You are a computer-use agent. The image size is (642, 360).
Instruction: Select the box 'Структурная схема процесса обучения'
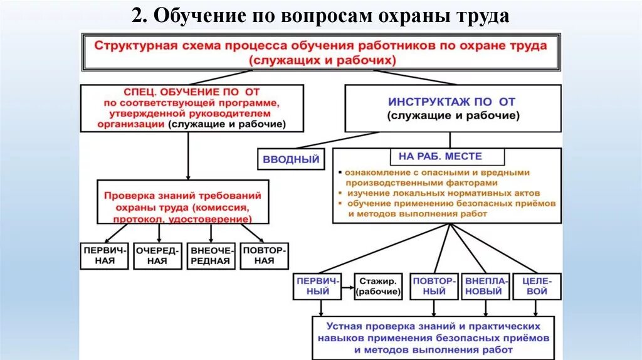[320, 53]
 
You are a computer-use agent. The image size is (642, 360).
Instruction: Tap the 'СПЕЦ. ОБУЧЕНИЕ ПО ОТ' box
[192, 109]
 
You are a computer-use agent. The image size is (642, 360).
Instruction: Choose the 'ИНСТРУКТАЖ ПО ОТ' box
[453, 108]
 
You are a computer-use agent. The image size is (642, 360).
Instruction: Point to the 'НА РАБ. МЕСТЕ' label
[445, 156]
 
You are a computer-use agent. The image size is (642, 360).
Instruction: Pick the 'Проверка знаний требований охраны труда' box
[184, 203]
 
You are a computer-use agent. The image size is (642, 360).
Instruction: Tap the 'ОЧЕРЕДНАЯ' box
[159, 255]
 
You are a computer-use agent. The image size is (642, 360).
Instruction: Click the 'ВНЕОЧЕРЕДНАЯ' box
[211, 255]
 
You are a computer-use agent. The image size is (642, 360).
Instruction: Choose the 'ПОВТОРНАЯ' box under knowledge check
[264, 255]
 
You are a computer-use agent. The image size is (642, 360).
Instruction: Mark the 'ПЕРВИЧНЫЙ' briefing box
[317, 286]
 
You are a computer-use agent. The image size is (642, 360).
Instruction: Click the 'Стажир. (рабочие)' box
[378, 286]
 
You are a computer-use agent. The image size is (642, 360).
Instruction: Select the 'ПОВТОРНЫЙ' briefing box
[433, 286]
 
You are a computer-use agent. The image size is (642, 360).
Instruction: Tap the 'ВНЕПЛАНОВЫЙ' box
[485, 286]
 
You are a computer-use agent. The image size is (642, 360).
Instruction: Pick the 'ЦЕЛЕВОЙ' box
[537, 286]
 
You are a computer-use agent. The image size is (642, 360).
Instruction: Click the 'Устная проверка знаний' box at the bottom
[433, 337]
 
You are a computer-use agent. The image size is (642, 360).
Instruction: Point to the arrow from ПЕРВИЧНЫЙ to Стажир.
[347, 290]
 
